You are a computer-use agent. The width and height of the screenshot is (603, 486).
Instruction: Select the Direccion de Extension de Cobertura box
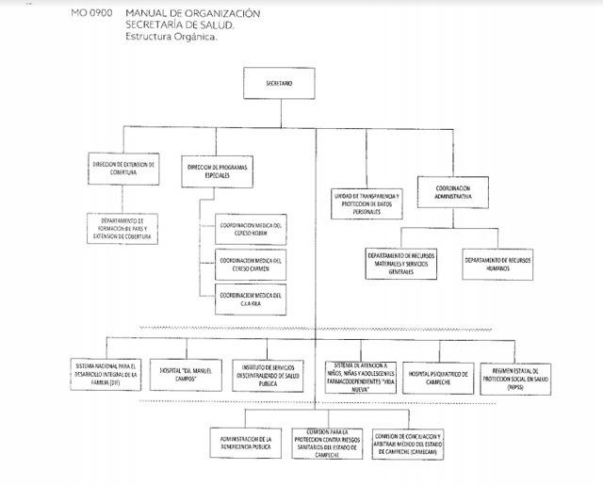pos(123,168)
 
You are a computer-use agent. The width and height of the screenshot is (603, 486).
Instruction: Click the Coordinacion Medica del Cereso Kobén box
pos(250,231)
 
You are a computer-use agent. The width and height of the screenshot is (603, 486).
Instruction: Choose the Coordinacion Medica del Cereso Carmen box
pos(250,264)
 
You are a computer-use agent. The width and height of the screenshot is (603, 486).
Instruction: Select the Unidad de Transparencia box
pos(365,201)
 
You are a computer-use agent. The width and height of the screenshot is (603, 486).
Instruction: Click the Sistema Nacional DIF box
pos(106,375)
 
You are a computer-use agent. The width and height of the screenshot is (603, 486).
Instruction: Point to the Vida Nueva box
pos(361,375)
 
